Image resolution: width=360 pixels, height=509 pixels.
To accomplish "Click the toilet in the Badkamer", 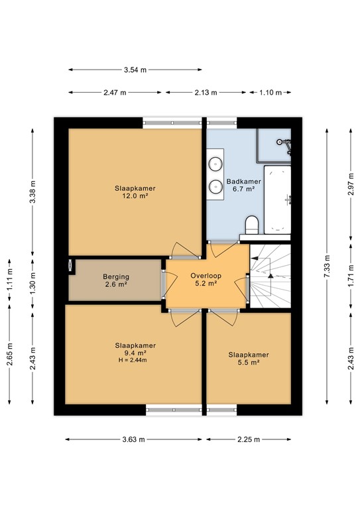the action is tap(251, 225).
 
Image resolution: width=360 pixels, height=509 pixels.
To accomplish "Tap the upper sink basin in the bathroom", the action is tap(215, 164).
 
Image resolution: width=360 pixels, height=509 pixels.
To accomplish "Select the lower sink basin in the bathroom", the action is tap(215, 186).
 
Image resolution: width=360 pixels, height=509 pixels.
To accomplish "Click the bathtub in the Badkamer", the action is tap(277, 199).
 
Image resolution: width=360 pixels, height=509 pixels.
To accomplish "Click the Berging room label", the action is tap(116, 277).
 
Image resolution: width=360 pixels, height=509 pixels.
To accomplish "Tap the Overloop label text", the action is tap(206, 276).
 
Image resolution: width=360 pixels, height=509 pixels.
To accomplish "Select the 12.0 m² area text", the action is tap(135, 196).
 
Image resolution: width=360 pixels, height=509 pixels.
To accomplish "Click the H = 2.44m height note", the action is tap(133, 360).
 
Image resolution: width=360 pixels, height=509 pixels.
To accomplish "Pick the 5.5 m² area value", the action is tap(249, 363).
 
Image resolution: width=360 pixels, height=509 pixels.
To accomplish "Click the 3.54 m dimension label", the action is tap(135, 70).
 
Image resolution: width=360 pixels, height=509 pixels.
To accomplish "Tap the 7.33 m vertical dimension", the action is tap(327, 266).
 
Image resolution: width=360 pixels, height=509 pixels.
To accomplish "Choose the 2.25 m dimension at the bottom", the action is tap(249, 439).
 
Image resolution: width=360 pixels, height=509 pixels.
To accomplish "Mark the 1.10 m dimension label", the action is tap(270, 93).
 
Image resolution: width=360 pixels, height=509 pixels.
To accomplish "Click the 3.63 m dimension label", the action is tap(134, 439).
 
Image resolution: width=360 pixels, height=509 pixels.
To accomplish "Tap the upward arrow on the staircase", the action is tap(270, 276).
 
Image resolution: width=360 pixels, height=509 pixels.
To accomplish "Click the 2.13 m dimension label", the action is tap(206, 93).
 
